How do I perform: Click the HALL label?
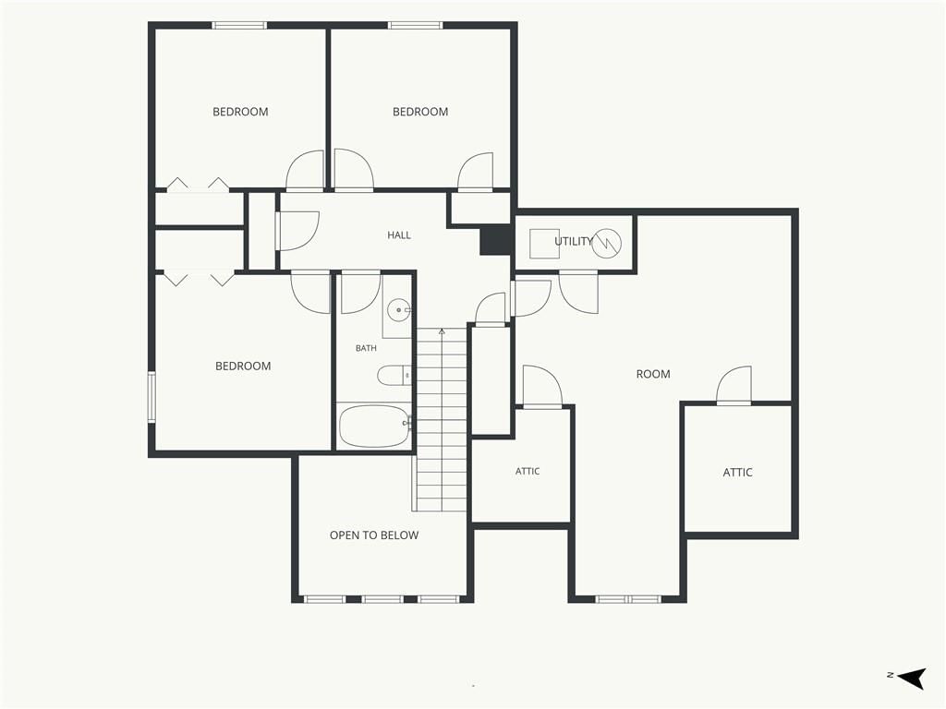[399, 235]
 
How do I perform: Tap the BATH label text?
[366, 348]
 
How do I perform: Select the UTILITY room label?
[574, 241]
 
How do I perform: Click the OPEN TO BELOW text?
[374, 535]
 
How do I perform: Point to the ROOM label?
[653, 374]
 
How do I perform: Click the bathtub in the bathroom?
[374, 426]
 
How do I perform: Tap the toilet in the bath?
[394, 376]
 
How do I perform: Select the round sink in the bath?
[399, 310]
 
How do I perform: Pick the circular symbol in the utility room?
[606, 244]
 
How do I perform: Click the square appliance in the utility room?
[544, 244]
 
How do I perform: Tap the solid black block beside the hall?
[496, 241]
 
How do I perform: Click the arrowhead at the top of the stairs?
[442, 331]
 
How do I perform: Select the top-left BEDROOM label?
[240, 112]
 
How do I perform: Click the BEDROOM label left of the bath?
[243, 366]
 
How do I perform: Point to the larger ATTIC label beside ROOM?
[737, 472]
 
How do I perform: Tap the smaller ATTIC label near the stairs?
[528, 471]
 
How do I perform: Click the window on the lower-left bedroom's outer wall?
[152, 396]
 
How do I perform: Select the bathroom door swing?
[361, 294]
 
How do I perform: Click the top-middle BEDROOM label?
[420, 112]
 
